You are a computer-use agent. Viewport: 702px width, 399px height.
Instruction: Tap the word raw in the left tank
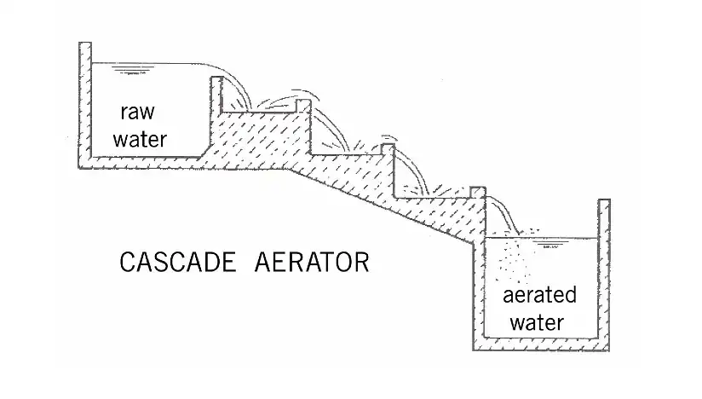[136, 113]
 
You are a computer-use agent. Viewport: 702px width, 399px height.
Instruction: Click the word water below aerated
[538, 322]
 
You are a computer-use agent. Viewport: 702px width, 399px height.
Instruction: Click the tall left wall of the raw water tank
[83, 102]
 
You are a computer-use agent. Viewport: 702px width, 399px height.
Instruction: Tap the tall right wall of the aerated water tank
[603, 273]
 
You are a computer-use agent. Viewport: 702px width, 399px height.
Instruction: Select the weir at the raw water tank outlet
[216, 94]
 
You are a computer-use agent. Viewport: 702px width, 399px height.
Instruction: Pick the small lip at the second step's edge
[388, 151]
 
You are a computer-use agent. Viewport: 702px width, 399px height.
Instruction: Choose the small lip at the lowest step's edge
[477, 192]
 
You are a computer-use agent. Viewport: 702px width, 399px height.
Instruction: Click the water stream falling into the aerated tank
[504, 213]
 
